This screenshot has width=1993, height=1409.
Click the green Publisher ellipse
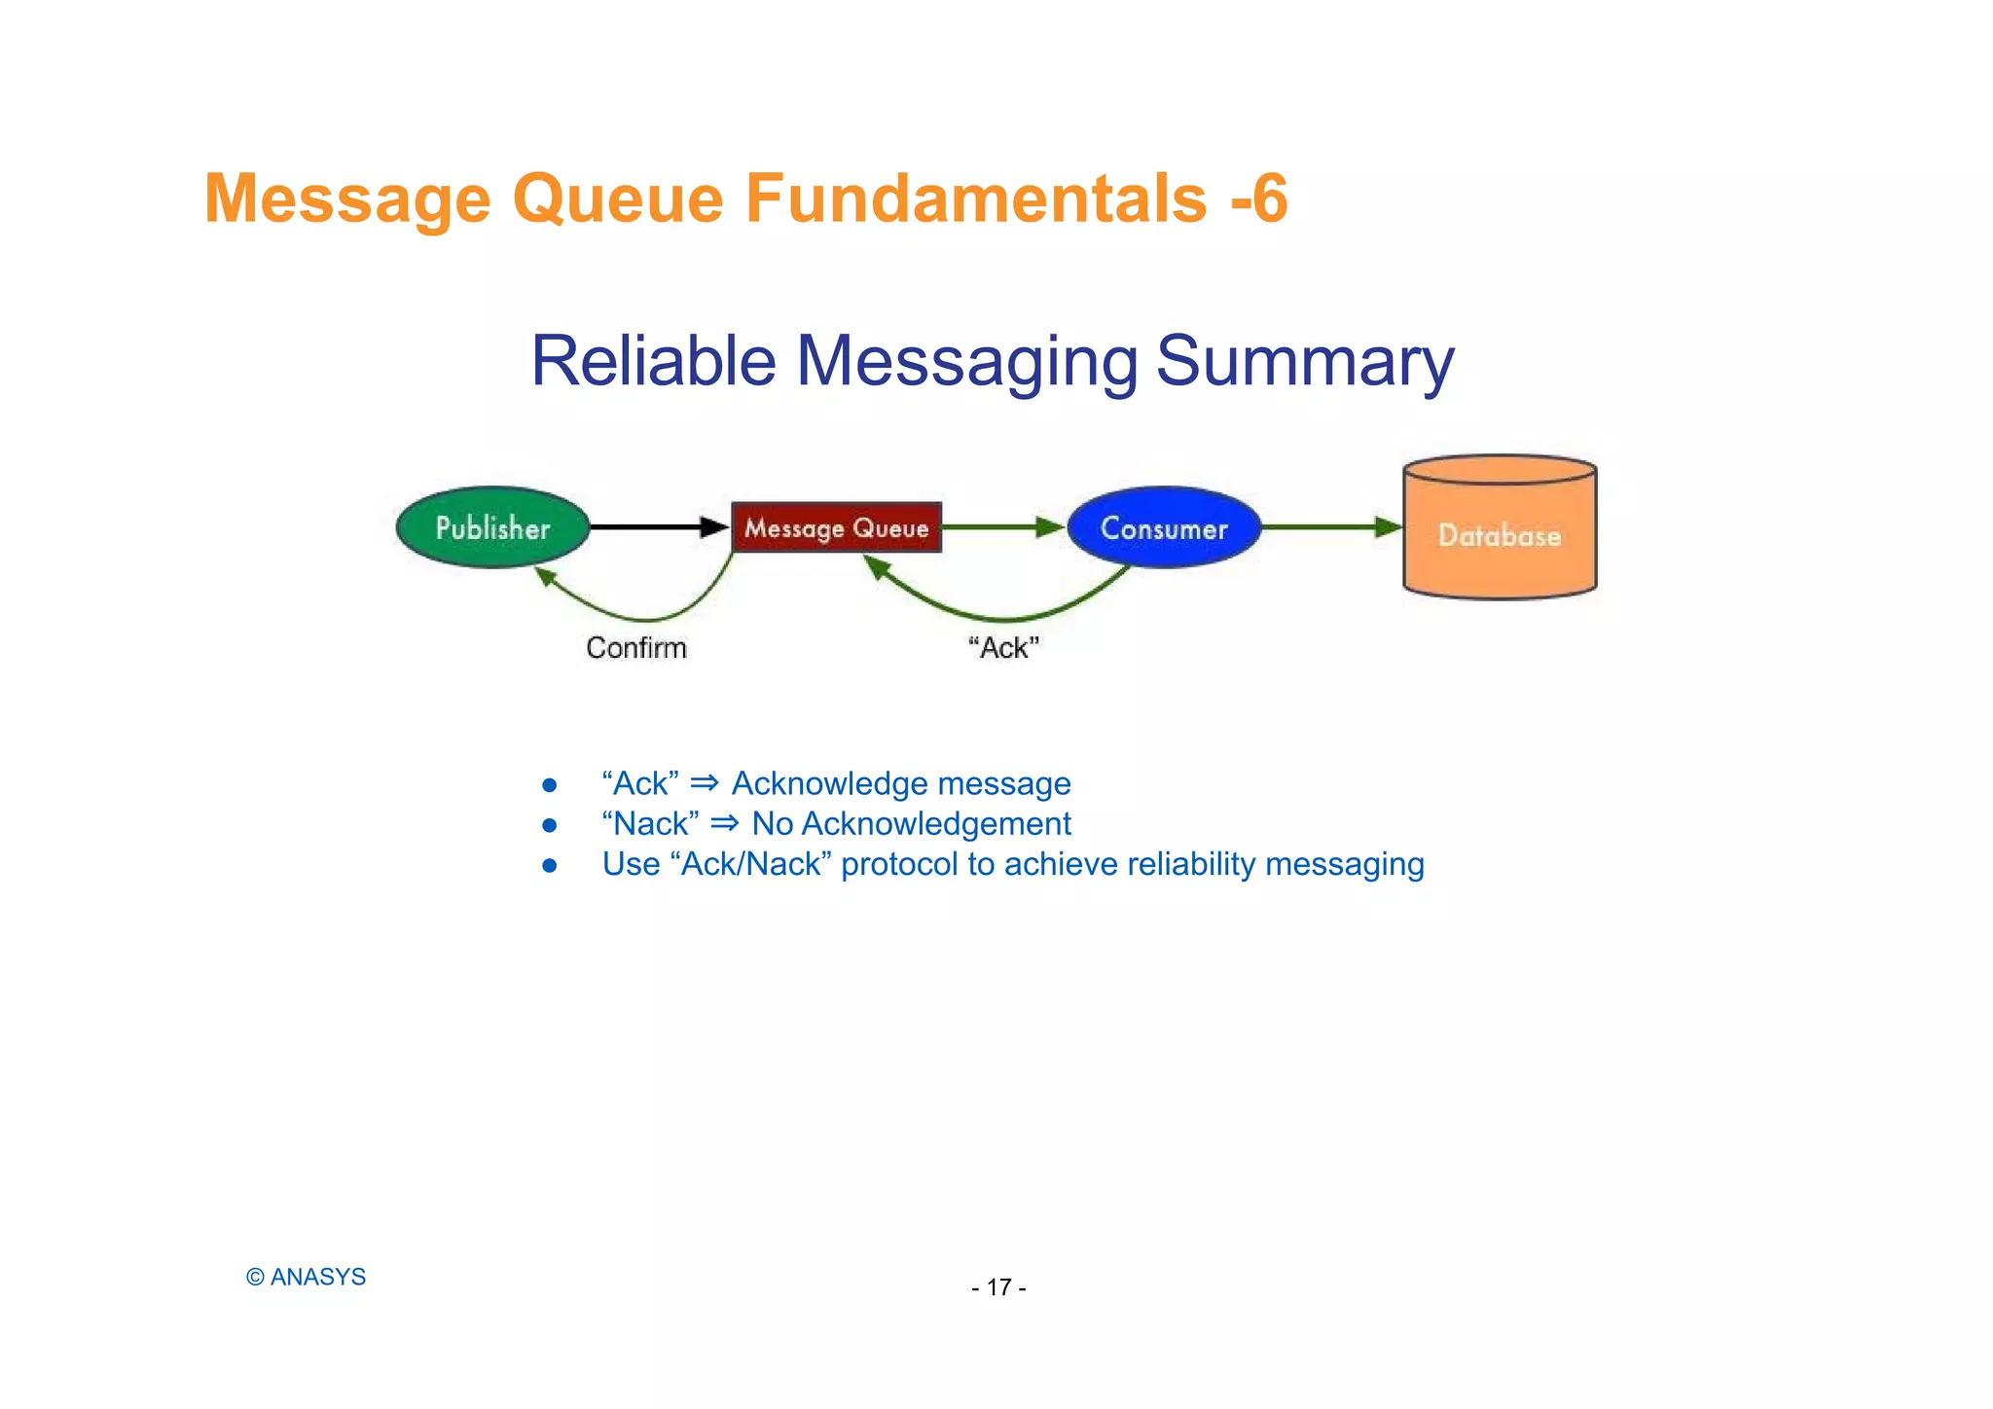pos(492,527)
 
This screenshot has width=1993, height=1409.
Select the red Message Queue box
pos(836,527)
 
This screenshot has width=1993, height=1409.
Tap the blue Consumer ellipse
pos(1164,527)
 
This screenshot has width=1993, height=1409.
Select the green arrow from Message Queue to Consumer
pos(1002,526)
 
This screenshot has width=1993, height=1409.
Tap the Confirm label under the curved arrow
pos(636,648)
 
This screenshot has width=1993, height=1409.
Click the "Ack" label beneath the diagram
pos(1004,648)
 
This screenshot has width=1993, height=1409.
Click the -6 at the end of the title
pos(1259,199)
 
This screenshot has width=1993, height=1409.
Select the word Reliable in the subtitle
pos(653,362)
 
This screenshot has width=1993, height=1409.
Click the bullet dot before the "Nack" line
pos(550,825)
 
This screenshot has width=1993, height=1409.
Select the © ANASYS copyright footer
pos(306,1278)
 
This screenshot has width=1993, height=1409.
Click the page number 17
pos(998,1288)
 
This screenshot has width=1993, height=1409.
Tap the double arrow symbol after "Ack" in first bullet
pos(705,783)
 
